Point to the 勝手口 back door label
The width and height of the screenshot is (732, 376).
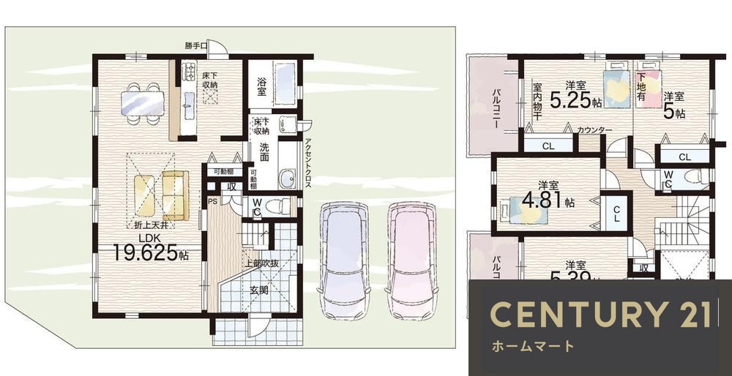coord(195,46)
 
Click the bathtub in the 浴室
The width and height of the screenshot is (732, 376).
coord(284,83)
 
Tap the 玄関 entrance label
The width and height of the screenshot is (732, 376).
coord(259,290)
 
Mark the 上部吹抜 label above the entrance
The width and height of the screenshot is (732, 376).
coord(262,264)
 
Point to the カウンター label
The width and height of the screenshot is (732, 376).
coord(594,129)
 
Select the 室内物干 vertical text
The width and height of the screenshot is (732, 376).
coord(537,100)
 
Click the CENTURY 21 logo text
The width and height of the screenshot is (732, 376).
coord(600,314)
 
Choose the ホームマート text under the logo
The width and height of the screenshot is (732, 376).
coord(532,346)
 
